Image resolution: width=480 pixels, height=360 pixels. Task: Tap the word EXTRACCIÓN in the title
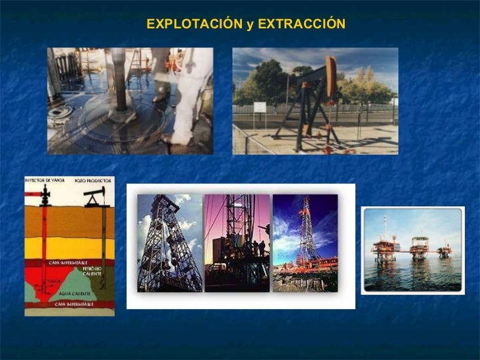301,24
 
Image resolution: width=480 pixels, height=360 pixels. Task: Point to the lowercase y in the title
249,25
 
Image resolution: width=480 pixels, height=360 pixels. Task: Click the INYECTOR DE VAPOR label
44,180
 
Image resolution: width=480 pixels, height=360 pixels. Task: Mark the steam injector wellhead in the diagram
44,196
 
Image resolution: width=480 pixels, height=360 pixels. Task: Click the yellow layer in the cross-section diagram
69,247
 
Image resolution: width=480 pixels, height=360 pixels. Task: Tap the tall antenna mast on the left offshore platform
386,227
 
